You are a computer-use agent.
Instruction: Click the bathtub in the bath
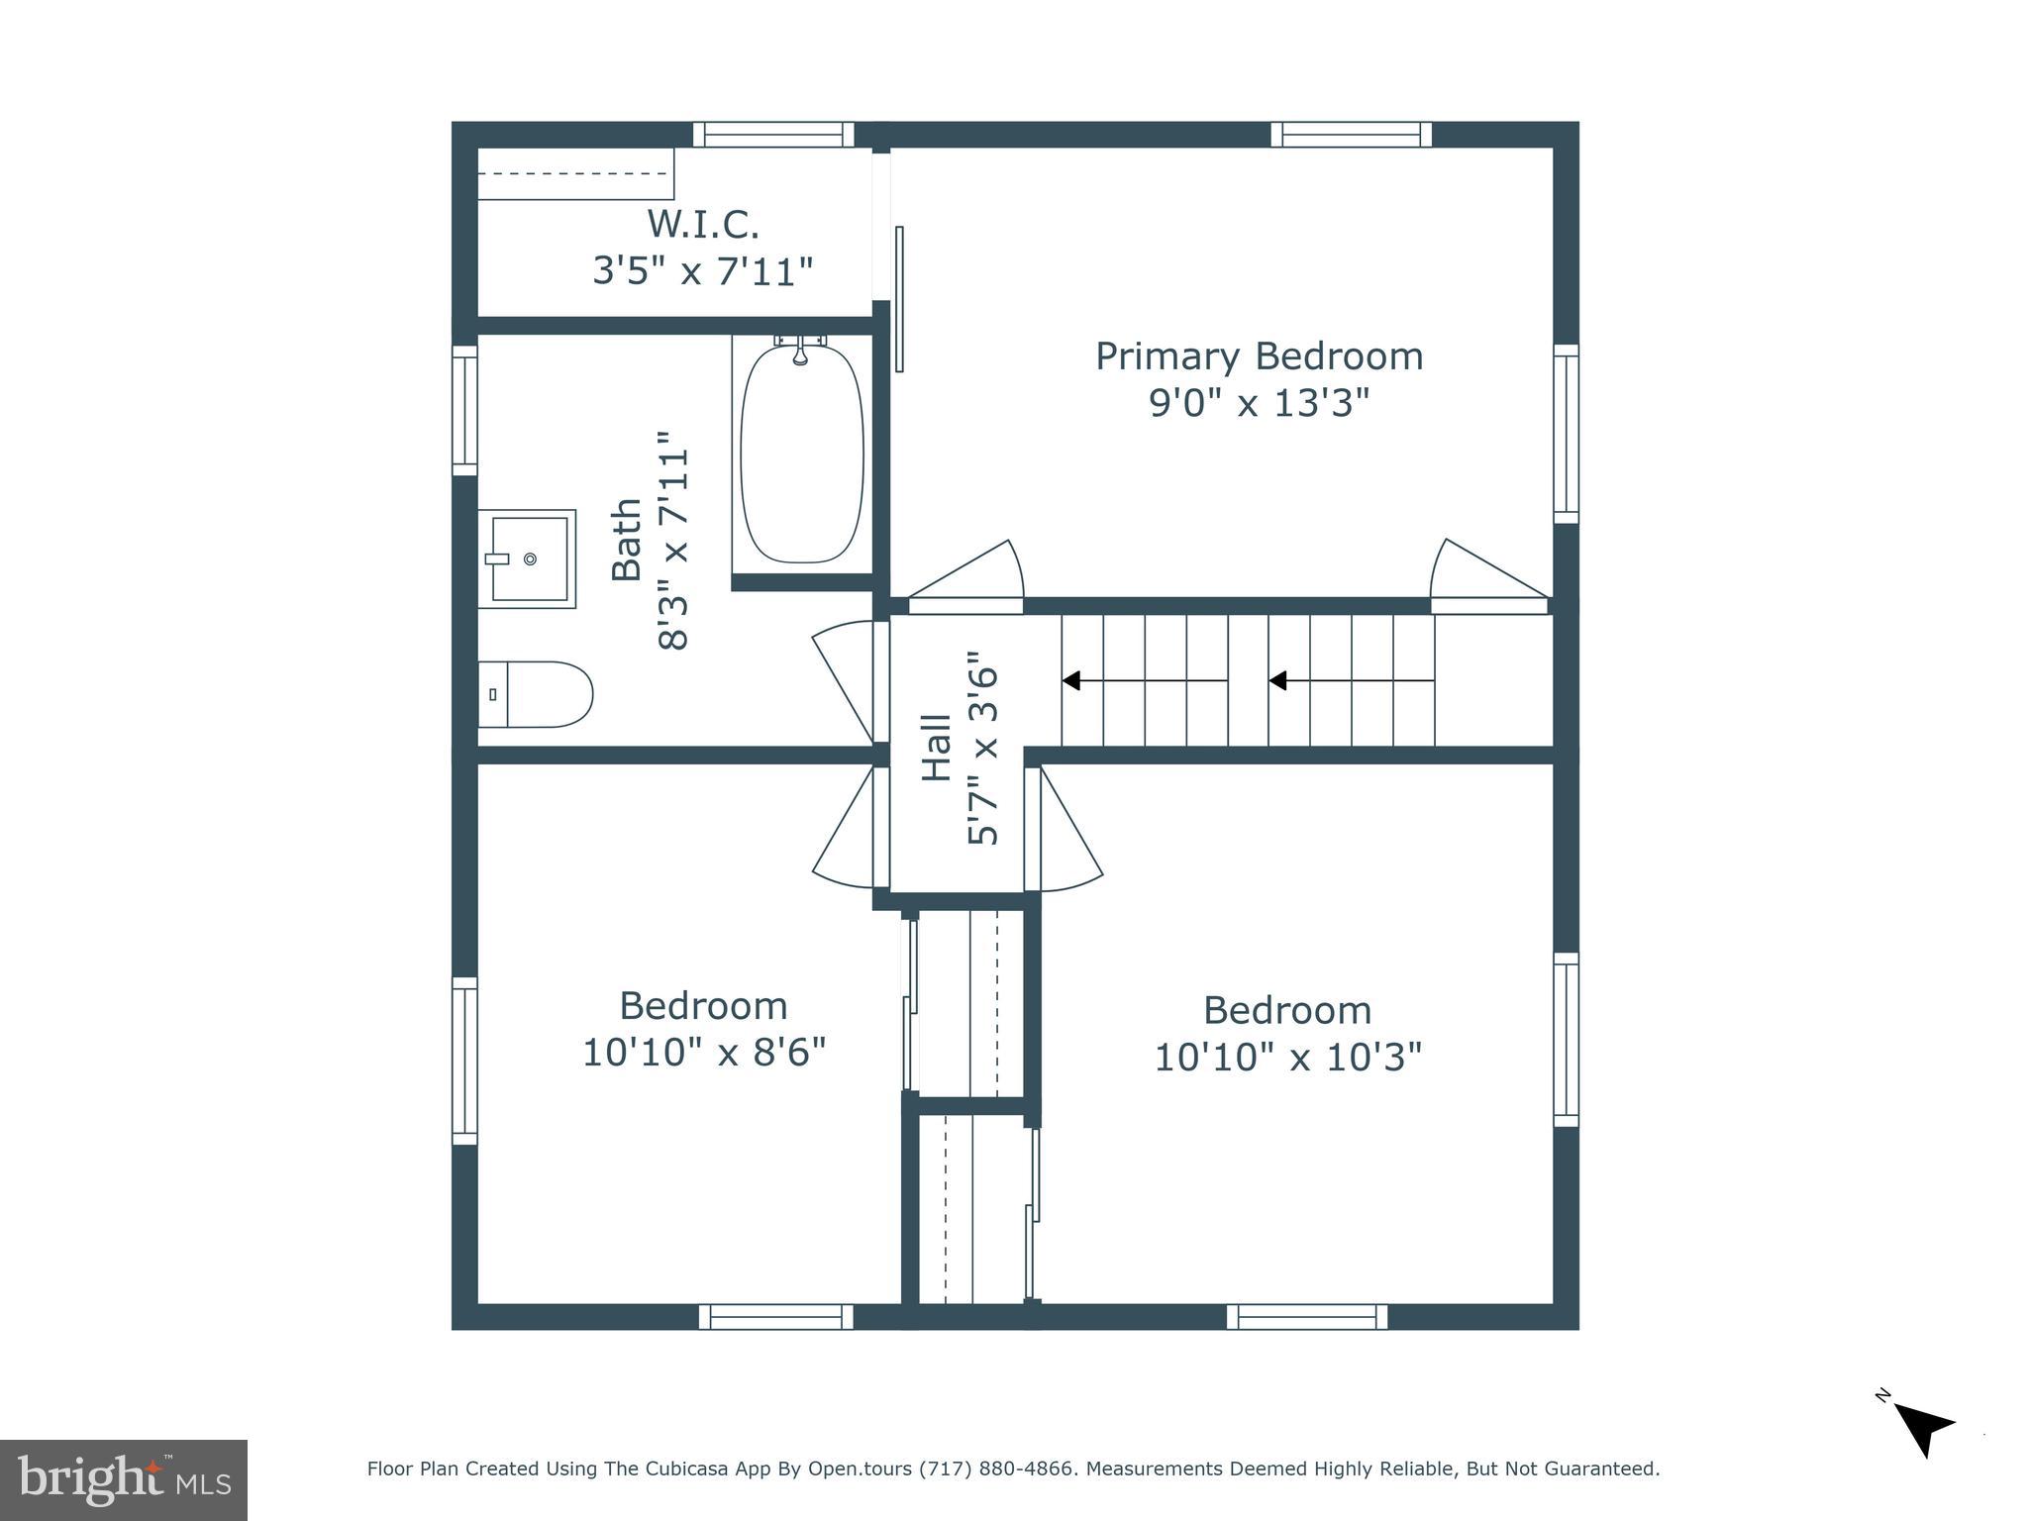[x=802, y=455]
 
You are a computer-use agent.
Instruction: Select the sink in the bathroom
[x=528, y=558]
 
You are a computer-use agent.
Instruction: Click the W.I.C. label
[x=703, y=225]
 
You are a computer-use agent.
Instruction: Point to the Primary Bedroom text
[x=1259, y=356]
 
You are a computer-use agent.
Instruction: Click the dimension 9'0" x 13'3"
[x=1259, y=403]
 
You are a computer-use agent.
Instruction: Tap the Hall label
[x=936, y=749]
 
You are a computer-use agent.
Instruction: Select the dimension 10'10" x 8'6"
[x=703, y=1052]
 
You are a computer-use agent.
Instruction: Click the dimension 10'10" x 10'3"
[x=1287, y=1057]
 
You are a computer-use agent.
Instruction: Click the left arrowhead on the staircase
[x=1070, y=680]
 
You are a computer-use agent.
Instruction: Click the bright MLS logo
[x=124, y=1479]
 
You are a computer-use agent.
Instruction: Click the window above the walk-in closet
[x=773, y=135]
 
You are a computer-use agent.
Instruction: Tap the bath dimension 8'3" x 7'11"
[x=672, y=540]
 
